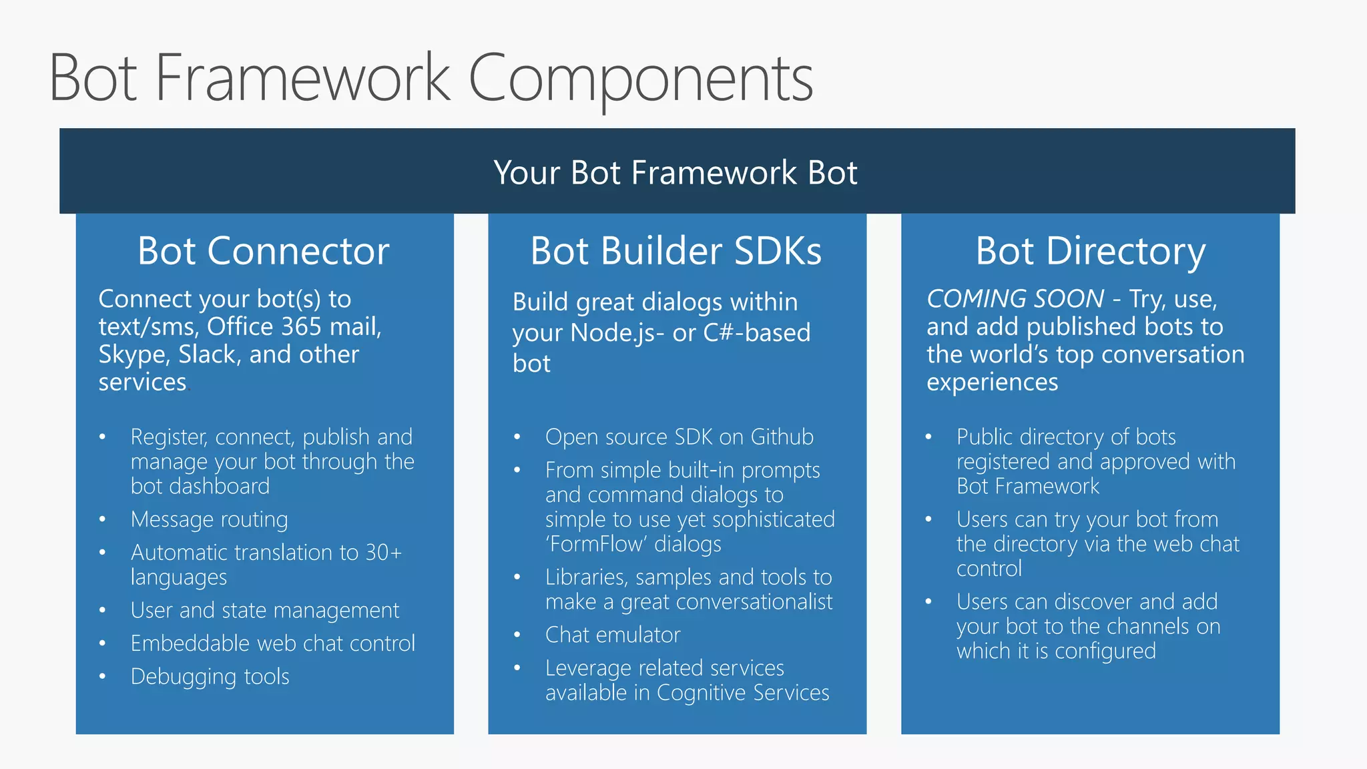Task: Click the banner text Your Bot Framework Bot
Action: [x=675, y=173]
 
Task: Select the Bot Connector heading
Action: [x=263, y=252]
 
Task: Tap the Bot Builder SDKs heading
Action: [x=675, y=252]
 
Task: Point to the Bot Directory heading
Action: [x=1090, y=252]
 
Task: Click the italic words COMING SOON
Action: [x=1015, y=298]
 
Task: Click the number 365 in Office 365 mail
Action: [x=294, y=327]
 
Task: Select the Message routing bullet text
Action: [x=209, y=519]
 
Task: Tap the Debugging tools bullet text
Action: [x=210, y=677]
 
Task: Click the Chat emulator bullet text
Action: [x=612, y=635]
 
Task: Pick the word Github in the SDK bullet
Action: [x=782, y=437]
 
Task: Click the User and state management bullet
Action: [x=264, y=610]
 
